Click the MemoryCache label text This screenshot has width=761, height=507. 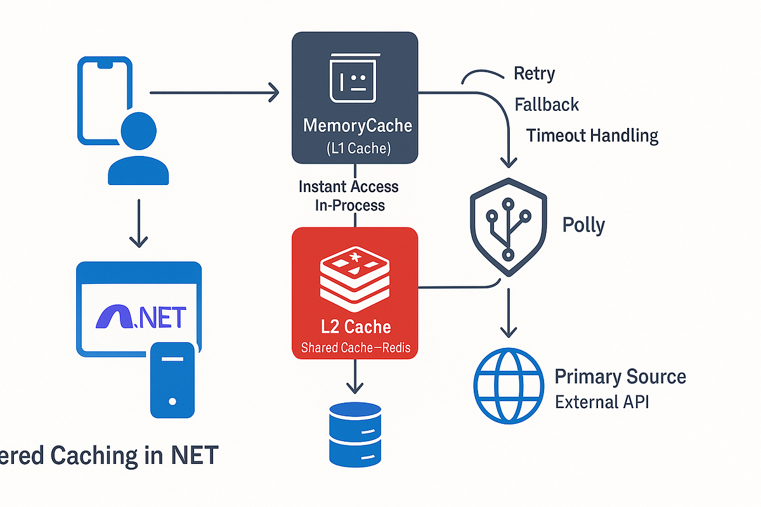tap(358, 125)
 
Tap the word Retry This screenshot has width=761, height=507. tap(534, 74)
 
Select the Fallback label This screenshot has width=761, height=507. tap(547, 104)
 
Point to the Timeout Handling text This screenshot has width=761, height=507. tap(592, 135)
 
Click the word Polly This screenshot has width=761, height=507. tap(583, 225)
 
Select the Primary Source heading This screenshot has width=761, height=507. tap(620, 377)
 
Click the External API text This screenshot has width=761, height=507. tap(602, 402)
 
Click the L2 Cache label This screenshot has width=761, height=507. tap(354, 326)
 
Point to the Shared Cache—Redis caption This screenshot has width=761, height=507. tap(354, 348)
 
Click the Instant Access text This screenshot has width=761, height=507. tap(348, 186)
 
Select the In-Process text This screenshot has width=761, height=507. tap(350, 205)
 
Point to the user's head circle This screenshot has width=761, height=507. tap(138, 132)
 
